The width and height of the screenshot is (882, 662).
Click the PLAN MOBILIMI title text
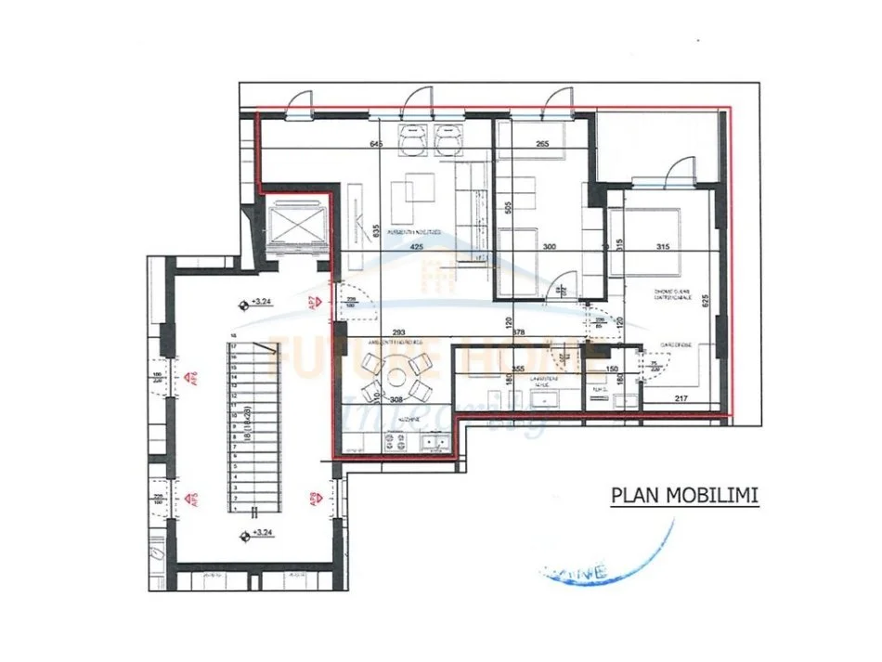(x=684, y=495)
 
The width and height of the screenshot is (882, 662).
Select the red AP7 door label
(x=314, y=302)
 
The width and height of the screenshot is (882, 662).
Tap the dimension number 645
(x=376, y=145)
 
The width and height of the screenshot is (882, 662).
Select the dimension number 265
(x=543, y=145)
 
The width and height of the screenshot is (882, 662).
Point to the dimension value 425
(x=415, y=248)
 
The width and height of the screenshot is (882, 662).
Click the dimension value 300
(x=549, y=248)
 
